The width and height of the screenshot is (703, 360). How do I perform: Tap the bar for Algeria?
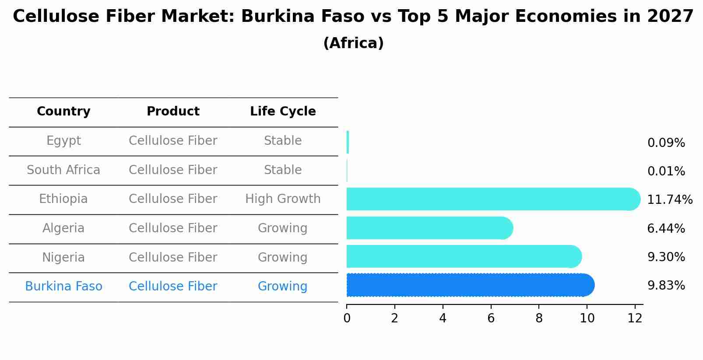tap(429, 228)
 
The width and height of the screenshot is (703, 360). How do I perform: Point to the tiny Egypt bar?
tap(348, 142)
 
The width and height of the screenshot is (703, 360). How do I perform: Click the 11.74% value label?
tap(669, 200)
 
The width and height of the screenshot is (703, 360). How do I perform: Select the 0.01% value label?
tap(666, 171)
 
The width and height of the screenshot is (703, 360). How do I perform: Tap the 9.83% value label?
tap(666, 286)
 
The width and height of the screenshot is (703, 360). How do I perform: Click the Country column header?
tap(63, 112)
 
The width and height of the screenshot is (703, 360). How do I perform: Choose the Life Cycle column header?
tap(283, 112)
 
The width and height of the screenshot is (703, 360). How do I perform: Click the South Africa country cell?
tap(63, 170)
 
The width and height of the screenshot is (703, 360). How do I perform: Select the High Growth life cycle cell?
tap(283, 199)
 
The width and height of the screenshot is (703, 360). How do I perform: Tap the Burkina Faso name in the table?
tap(63, 287)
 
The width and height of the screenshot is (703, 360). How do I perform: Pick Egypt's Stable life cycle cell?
tap(283, 141)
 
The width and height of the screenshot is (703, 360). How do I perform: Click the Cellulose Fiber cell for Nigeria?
tap(173, 257)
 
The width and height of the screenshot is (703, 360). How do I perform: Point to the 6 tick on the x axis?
tap(491, 318)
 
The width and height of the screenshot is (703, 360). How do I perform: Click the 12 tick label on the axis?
tap(635, 318)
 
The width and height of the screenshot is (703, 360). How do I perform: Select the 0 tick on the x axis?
tap(347, 318)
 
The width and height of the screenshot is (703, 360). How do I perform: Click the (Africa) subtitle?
tap(353, 43)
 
